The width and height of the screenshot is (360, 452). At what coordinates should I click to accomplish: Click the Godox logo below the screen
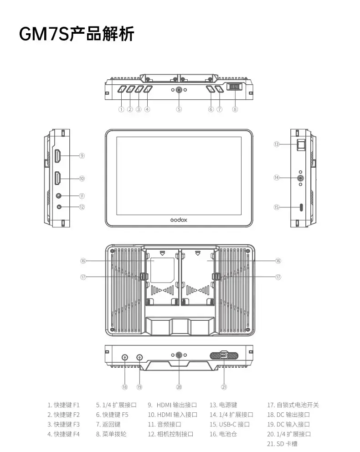[179, 220]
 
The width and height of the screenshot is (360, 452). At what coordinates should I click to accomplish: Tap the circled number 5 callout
[179, 109]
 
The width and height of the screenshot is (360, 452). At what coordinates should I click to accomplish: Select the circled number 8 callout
[235, 109]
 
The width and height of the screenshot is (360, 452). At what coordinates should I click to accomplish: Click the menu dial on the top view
[235, 87]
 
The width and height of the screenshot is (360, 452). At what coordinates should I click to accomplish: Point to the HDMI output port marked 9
[58, 156]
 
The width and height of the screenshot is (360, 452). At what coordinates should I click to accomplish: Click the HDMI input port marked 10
[58, 178]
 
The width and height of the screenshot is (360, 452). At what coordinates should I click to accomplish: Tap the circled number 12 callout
[82, 207]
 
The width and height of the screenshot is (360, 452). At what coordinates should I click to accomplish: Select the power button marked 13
[301, 145]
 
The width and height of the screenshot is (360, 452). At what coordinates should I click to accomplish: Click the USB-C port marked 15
[301, 207]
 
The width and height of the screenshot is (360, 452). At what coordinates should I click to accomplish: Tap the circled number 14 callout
[277, 178]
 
